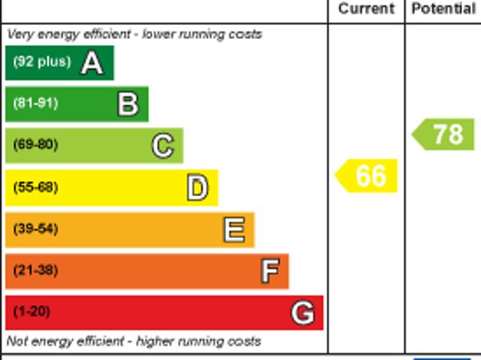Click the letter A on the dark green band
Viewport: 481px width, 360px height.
click(x=92, y=63)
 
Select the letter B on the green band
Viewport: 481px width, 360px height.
click(x=128, y=104)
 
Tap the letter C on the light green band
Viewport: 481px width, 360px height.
click(x=162, y=146)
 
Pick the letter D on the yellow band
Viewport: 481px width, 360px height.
click(x=197, y=188)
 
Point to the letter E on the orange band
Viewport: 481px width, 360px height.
click(x=234, y=230)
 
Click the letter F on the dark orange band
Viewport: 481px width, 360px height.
click(x=270, y=271)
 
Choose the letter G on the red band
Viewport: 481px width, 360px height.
click(x=302, y=313)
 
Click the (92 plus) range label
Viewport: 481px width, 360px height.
click(x=41, y=62)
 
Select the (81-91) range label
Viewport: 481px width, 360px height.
click(x=35, y=104)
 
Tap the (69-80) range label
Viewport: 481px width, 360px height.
click(x=35, y=145)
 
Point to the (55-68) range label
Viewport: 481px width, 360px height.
click(x=35, y=187)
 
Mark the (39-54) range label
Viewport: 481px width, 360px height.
click(x=35, y=229)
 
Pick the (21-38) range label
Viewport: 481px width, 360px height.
click(x=35, y=271)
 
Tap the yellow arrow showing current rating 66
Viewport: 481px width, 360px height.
click(x=367, y=176)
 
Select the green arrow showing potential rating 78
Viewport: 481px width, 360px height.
click(x=444, y=135)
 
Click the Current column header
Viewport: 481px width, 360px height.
click(x=366, y=9)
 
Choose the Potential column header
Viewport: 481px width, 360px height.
click(x=443, y=9)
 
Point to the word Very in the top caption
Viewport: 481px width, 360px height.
click(x=20, y=35)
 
